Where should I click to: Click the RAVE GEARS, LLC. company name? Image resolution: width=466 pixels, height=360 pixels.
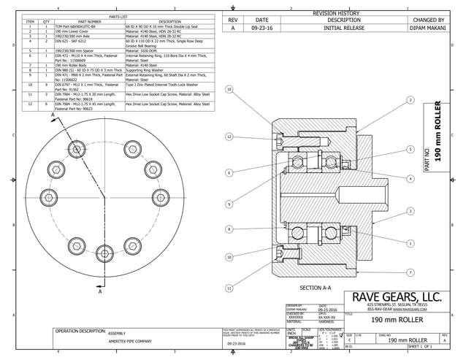397,296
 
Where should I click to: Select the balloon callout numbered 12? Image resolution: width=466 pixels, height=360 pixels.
229,137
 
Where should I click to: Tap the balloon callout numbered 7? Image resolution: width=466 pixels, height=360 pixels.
410,272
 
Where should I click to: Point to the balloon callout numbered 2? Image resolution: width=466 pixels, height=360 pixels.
410,99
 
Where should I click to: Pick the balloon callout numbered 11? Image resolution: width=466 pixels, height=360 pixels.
229,288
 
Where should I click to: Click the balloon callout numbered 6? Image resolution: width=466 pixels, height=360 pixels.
229,172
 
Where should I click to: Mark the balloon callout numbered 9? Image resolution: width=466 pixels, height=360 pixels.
229,204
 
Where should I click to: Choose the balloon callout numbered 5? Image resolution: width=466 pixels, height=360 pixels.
410,149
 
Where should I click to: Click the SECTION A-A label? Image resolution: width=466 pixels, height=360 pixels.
316,288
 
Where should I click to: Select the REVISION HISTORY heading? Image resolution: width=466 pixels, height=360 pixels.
335,13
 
